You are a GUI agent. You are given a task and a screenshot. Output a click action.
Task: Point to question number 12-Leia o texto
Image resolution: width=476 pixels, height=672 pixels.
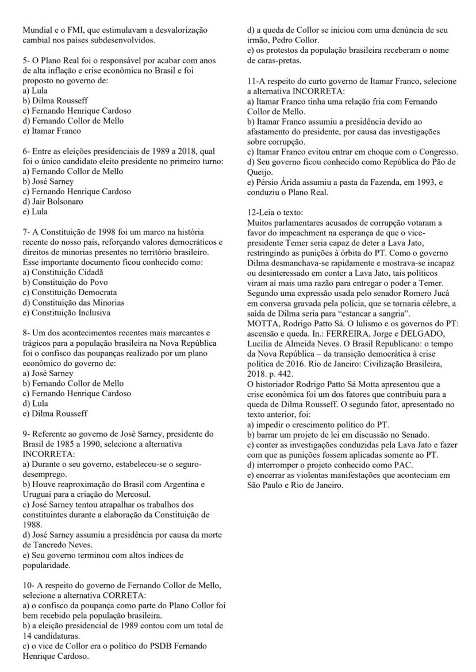(275, 213)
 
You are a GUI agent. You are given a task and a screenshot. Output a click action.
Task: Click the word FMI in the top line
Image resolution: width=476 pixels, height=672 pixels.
(68, 29)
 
